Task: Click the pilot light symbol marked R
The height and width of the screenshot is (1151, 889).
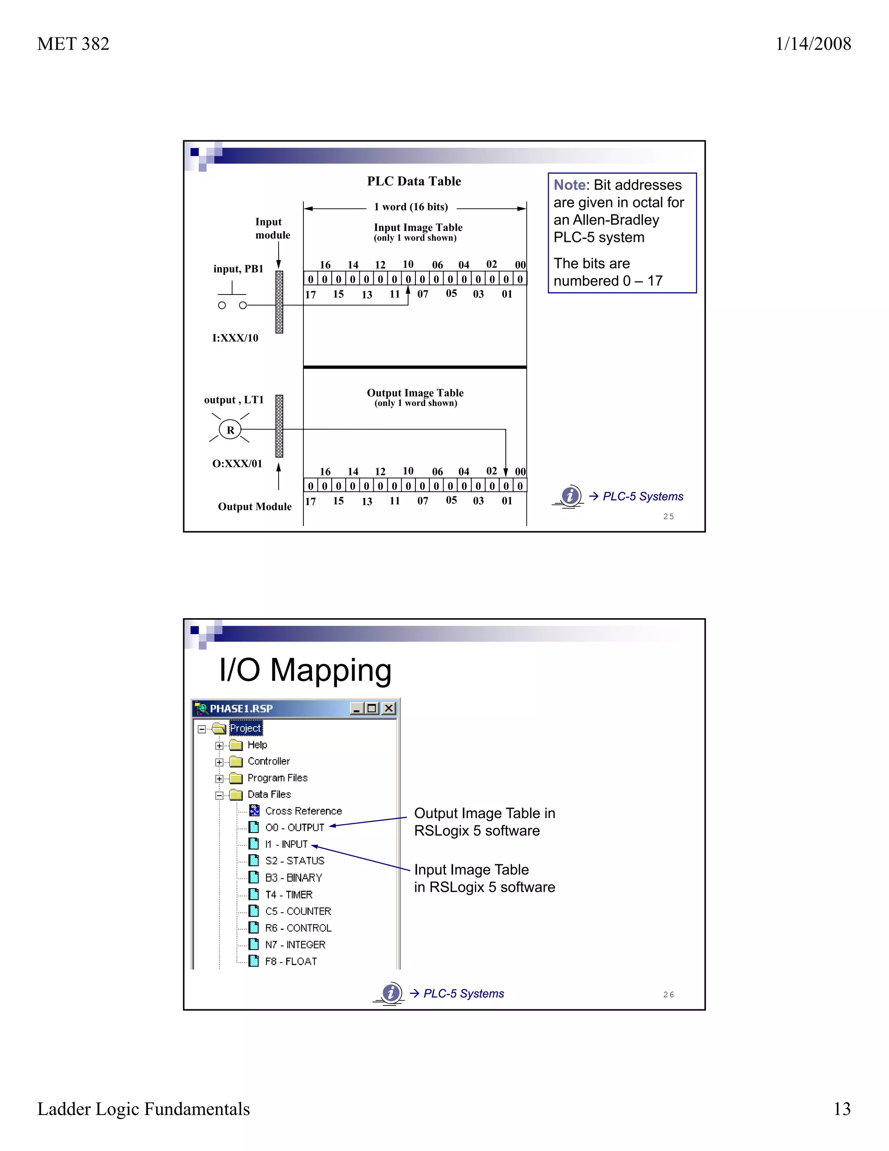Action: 230,430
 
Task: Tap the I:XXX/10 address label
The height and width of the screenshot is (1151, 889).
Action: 235,338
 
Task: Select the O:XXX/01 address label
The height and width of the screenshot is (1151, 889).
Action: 237,464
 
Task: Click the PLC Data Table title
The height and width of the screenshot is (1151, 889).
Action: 414,181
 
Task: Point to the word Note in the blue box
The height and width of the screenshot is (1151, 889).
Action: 570,185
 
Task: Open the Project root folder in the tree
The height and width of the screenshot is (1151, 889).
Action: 245,728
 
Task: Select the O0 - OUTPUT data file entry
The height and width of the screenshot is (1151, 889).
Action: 294,827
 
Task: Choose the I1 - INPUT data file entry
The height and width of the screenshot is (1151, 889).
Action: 286,844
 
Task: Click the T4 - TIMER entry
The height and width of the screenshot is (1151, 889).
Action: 289,894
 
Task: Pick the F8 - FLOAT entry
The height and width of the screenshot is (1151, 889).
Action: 291,961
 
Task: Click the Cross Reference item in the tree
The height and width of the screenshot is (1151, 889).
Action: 303,811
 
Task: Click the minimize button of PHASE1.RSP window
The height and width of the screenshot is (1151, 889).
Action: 356,709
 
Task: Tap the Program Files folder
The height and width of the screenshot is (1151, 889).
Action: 277,778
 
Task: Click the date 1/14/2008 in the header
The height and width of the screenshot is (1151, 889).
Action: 813,44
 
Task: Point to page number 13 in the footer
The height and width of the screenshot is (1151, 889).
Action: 842,1109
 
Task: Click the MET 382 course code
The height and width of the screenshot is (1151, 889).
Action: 73,44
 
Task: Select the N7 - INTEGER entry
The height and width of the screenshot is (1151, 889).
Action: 295,944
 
